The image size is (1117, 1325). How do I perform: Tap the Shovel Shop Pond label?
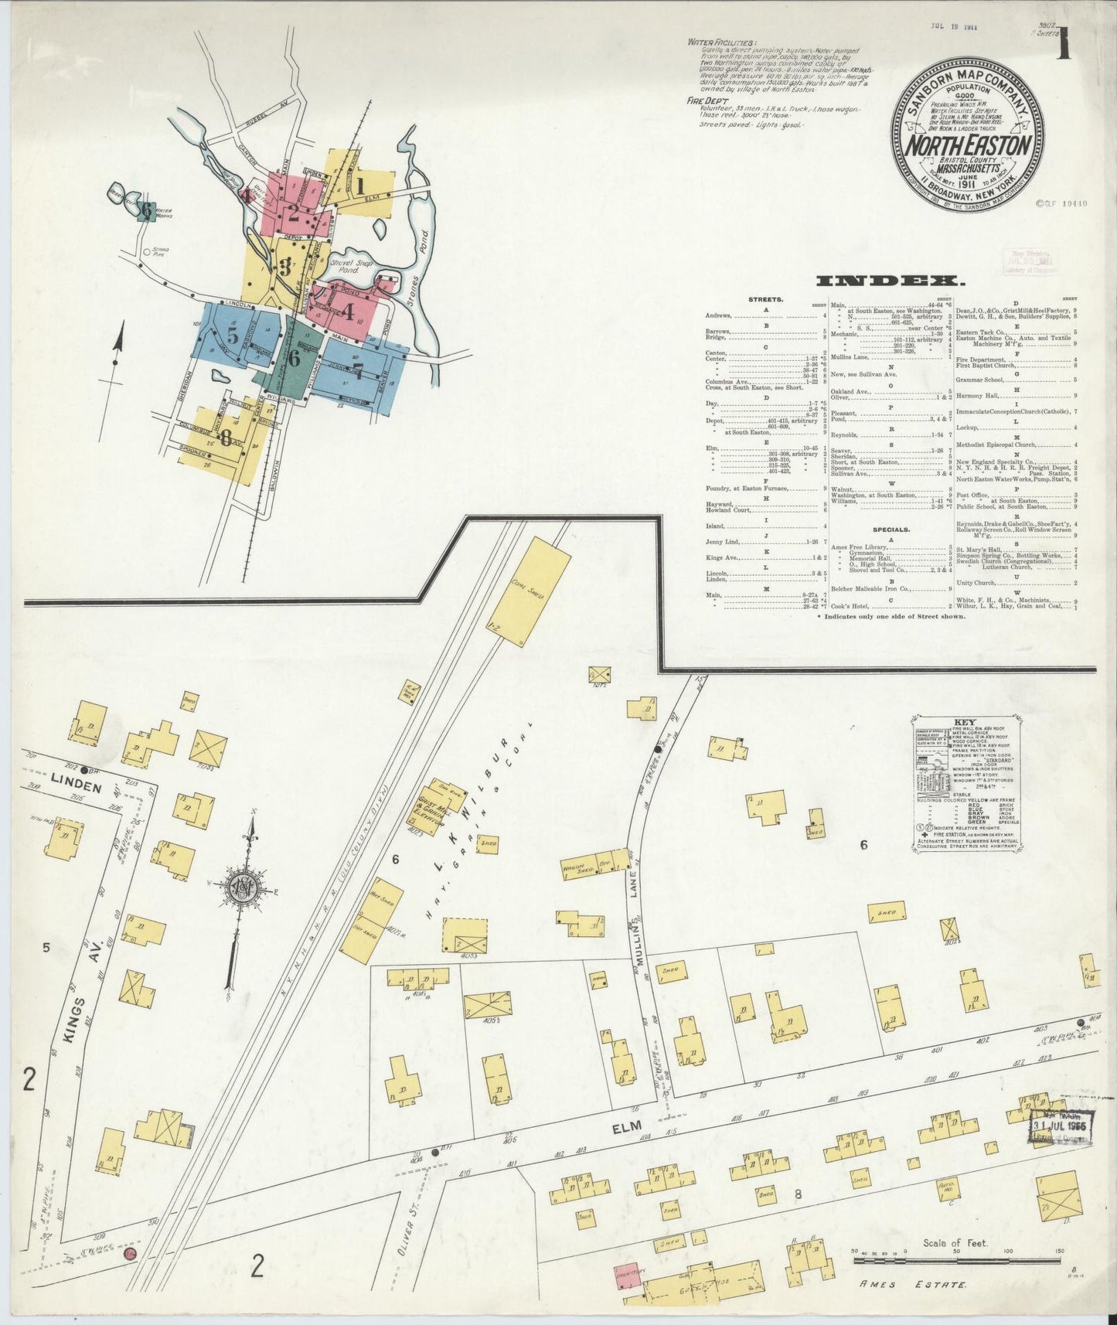pos(352,267)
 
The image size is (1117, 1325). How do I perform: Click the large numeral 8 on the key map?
pos(225,438)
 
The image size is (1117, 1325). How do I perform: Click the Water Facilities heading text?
pos(723,43)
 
